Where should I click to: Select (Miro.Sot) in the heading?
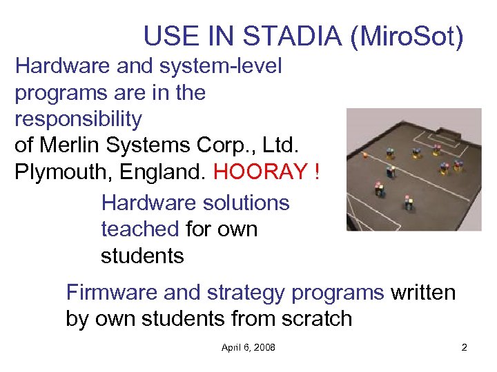(x=407, y=36)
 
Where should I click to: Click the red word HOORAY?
(x=260, y=172)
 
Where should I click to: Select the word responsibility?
(x=78, y=119)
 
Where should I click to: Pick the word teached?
(x=141, y=229)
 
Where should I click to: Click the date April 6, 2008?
(x=248, y=347)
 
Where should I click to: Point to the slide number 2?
(x=464, y=347)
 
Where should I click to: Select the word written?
(x=423, y=293)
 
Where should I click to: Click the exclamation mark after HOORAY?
(x=316, y=172)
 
